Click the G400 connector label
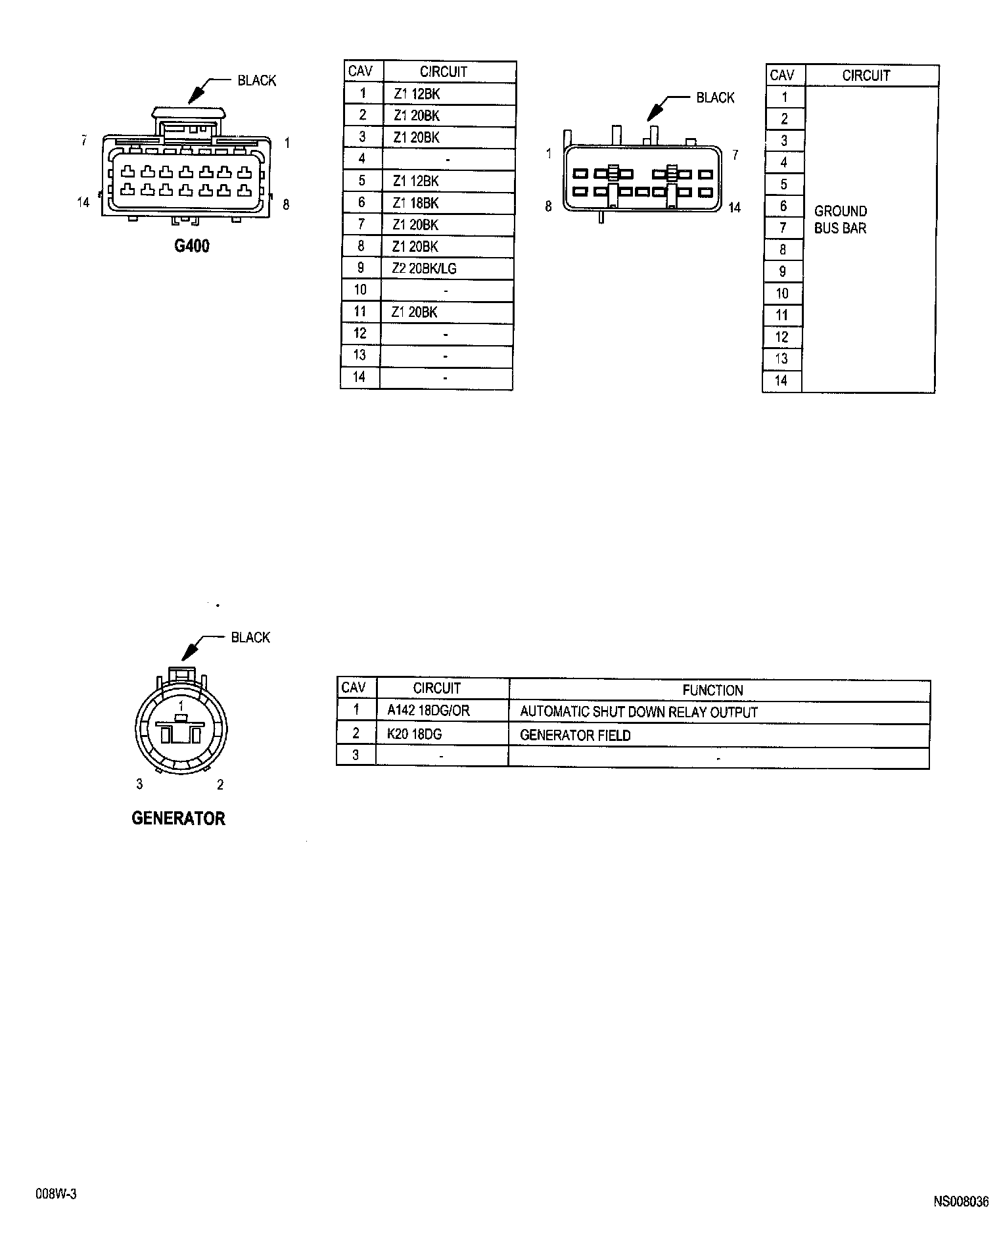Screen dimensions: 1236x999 pyautogui.click(x=192, y=247)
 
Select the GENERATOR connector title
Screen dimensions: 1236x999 pyautogui.click(x=178, y=819)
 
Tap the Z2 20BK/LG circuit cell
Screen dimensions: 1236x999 pyautogui.click(x=424, y=268)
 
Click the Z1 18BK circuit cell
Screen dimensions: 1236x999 pyautogui.click(x=415, y=203)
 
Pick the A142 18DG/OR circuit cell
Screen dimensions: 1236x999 pyautogui.click(x=429, y=710)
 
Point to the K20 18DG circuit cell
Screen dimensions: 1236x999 pyautogui.click(x=414, y=734)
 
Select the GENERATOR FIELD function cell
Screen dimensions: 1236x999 pyautogui.click(x=575, y=735)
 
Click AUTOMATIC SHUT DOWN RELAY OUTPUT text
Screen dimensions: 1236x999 pyautogui.click(x=639, y=712)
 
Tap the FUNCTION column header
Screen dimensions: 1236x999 pyautogui.click(x=712, y=690)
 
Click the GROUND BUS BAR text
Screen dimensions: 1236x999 pyautogui.click(x=841, y=220)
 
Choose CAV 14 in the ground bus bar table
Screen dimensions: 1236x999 pyautogui.click(x=781, y=381)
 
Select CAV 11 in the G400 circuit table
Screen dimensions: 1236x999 pyautogui.click(x=360, y=312)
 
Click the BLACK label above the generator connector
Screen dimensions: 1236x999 pyautogui.click(x=250, y=637)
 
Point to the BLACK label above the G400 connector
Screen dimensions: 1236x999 pyautogui.click(x=257, y=80)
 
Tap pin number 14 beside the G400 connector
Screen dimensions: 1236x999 pyautogui.click(x=83, y=202)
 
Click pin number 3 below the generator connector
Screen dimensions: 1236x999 pyautogui.click(x=139, y=784)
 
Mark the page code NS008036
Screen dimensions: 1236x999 pyautogui.click(x=961, y=1201)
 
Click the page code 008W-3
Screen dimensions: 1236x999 pyautogui.click(x=56, y=1195)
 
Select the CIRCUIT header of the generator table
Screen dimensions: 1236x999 pyautogui.click(x=437, y=688)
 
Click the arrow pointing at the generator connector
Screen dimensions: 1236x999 pyautogui.click(x=192, y=649)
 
